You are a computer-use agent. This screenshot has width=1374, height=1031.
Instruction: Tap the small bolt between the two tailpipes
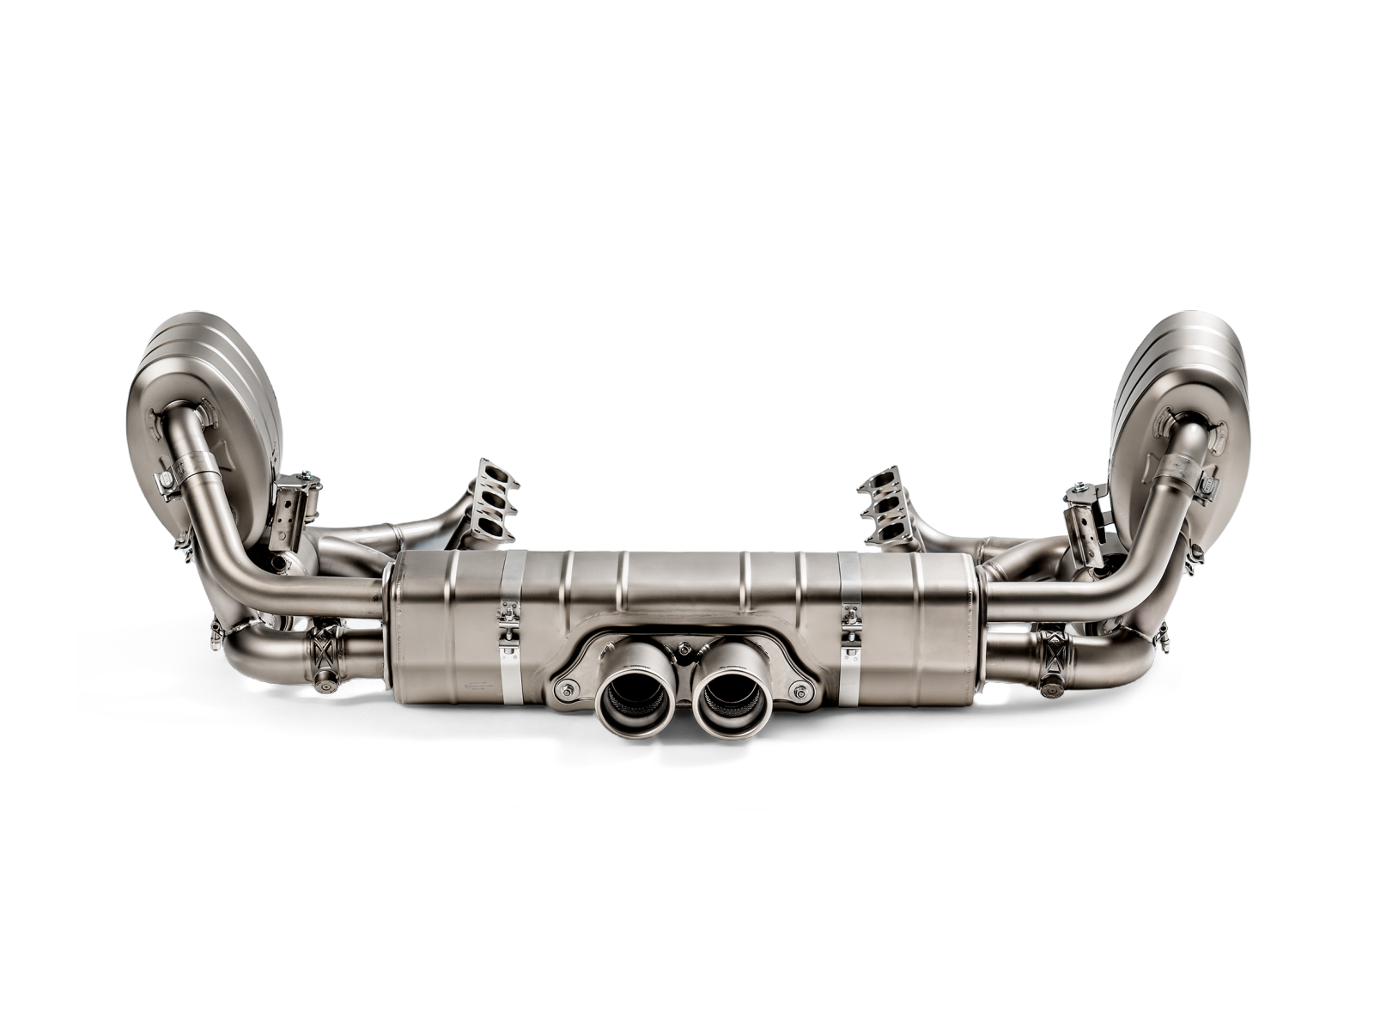point(683,650)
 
